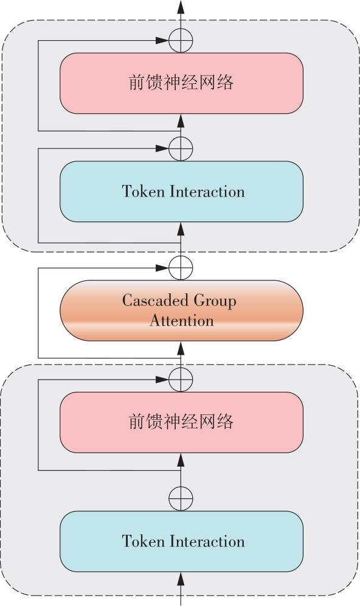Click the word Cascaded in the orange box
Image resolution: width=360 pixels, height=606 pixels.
[x=156, y=301]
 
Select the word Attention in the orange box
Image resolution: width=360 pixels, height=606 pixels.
[x=182, y=321]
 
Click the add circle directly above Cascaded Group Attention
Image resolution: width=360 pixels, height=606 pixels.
[x=181, y=268]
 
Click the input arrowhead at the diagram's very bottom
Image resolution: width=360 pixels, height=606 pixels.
[x=181, y=580]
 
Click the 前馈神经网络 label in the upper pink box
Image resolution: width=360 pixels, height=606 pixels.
[x=181, y=83]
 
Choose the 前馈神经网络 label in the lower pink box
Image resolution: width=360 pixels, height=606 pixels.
[x=181, y=422]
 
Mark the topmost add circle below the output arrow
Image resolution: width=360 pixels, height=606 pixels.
[x=181, y=40]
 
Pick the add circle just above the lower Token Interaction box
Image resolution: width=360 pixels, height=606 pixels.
[x=181, y=498]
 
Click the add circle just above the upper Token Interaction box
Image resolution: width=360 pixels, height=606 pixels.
[x=181, y=148]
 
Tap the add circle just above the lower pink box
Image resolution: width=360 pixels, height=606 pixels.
[x=181, y=380]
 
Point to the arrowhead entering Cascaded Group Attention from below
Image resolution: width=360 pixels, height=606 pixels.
[x=181, y=349]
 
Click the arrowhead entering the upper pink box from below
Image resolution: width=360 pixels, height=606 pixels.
[x=181, y=121]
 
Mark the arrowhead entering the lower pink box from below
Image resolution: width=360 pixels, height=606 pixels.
[x=181, y=461]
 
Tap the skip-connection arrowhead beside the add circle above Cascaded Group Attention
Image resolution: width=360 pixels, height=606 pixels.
[x=162, y=268]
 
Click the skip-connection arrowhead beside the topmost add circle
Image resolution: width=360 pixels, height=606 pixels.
[x=162, y=40]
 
